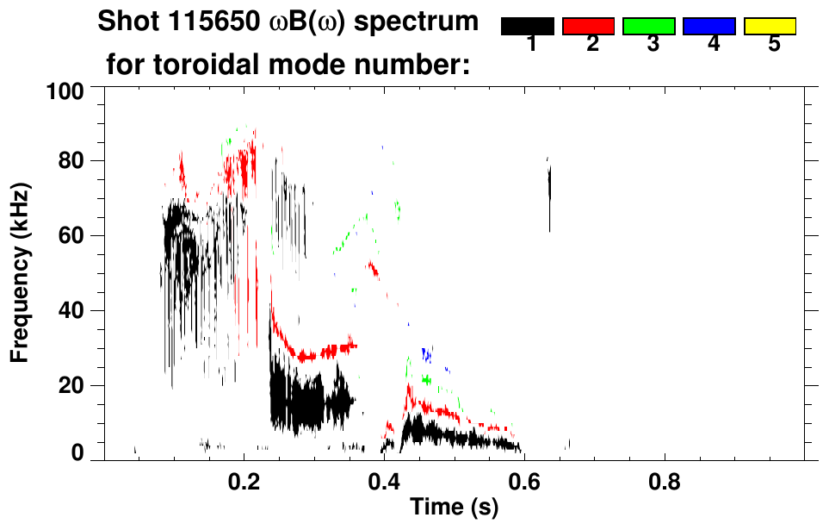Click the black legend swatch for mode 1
coord(528,27)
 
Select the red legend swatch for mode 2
coord(588,27)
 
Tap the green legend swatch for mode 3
coord(649,27)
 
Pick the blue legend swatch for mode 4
coord(709,27)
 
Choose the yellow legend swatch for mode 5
coord(770,27)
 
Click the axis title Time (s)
coord(453,508)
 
